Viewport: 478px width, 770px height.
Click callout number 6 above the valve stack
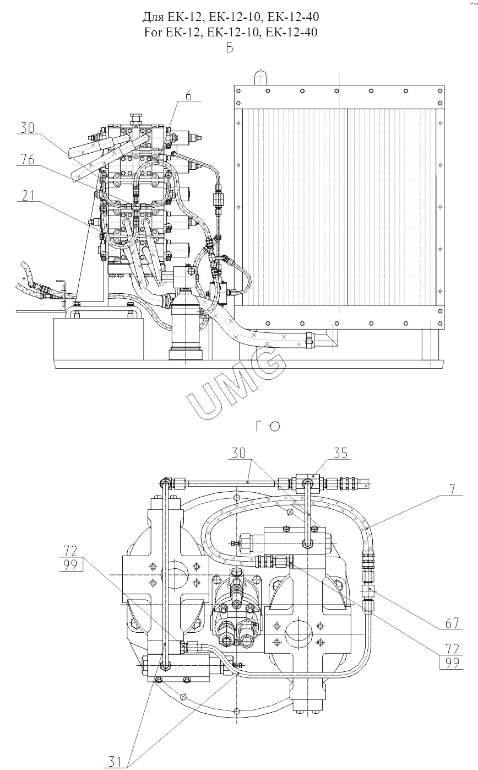[188, 95]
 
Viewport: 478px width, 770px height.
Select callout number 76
[28, 159]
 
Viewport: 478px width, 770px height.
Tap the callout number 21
[28, 196]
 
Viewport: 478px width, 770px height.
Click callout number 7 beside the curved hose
[452, 489]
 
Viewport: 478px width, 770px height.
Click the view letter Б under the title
[230, 48]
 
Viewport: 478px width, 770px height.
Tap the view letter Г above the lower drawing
[259, 426]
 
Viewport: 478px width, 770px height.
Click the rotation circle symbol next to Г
[275, 427]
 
